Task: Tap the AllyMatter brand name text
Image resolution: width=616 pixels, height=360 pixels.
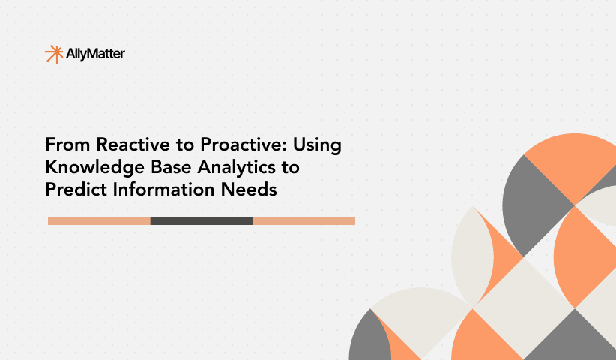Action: tap(96, 53)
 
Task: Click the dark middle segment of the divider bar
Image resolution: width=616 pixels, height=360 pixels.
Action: tap(202, 221)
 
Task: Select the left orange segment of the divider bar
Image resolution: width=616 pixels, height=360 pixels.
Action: tap(99, 221)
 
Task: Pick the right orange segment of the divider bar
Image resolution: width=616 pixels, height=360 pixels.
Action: tap(304, 221)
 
